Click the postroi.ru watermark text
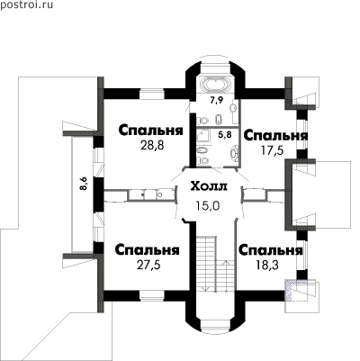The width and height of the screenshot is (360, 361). [x=27, y=5]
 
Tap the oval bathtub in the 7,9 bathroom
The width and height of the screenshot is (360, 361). [x=214, y=85]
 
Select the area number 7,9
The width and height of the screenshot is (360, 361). [x=217, y=100]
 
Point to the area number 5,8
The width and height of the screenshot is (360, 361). [x=225, y=135]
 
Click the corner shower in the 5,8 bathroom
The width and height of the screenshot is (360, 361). [x=204, y=137]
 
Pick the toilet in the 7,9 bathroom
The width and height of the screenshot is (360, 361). [x=203, y=121]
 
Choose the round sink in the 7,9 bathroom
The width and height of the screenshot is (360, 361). [x=233, y=108]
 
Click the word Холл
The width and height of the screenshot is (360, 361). [x=210, y=187]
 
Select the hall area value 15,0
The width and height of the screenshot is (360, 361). [x=208, y=205]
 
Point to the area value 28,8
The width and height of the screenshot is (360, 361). [x=152, y=146]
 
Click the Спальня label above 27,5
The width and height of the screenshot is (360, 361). [x=147, y=250]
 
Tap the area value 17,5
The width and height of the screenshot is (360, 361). [x=272, y=149]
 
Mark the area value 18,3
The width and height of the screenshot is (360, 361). [x=267, y=265]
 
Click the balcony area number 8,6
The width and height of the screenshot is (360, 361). [x=84, y=184]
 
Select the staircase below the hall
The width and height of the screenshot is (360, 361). [x=216, y=264]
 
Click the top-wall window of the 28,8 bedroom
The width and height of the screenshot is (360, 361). [x=152, y=94]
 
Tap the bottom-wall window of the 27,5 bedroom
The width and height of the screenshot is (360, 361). [x=152, y=295]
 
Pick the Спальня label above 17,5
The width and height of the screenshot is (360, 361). [x=275, y=136]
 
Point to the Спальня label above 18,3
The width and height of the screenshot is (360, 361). [x=271, y=250]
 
